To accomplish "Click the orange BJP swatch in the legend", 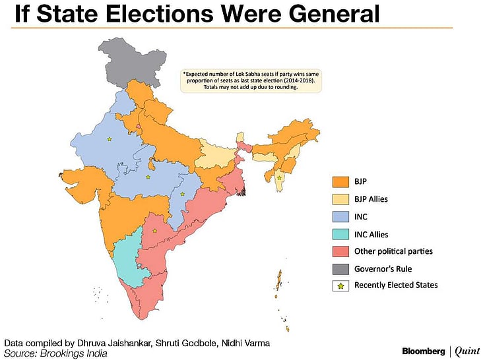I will tap(340, 181).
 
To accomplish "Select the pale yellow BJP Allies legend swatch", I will tap(340, 198).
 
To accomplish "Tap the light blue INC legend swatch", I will tap(340, 216).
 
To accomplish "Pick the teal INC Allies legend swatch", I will tap(340, 234).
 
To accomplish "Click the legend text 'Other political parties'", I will tap(393, 251).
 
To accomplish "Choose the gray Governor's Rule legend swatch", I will tap(340, 268).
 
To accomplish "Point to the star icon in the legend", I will tap(340, 285).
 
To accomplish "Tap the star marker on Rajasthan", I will tap(109, 139).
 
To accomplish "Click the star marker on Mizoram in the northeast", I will tap(280, 178).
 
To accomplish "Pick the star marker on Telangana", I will tap(154, 230).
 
